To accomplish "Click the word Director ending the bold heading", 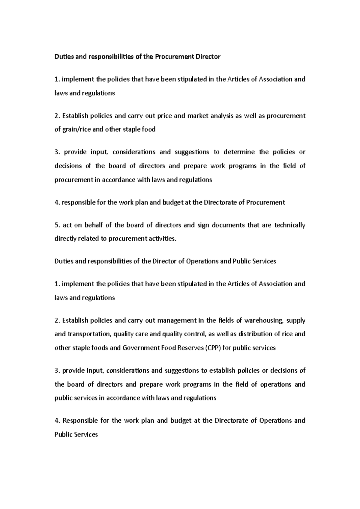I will pyautogui.click(x=208, y=57).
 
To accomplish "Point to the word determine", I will pyautogui.click(x=239, y=152).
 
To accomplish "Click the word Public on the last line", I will pyautogui.click(x=63, y=434).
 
